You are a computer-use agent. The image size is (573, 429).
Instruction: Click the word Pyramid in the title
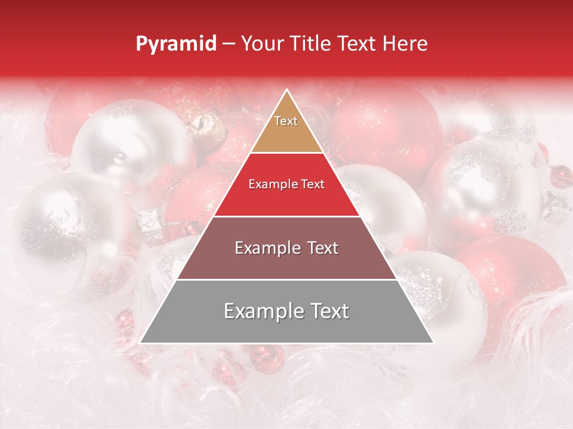(175, 44)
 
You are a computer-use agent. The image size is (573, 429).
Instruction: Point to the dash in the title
(229, 44)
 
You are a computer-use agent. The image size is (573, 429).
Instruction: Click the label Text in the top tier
(286, 121)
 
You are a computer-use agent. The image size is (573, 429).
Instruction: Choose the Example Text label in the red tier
(286, 184)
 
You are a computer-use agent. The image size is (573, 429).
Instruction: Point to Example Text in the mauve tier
(286, 248)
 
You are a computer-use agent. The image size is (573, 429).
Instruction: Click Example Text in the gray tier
(286, 311)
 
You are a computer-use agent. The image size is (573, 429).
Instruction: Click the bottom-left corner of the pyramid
(141, 343)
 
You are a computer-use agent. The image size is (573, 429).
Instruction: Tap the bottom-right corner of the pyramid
(433, 343)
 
